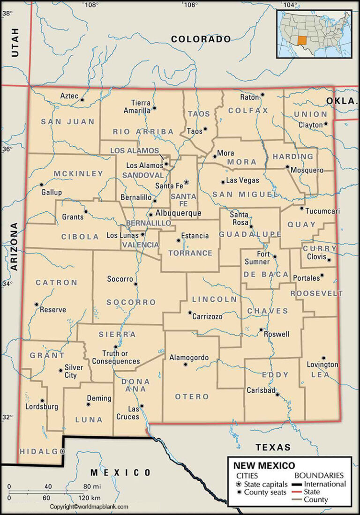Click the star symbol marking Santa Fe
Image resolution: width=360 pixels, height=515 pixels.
click(186, 182)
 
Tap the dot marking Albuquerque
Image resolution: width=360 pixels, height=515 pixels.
click(150, 215)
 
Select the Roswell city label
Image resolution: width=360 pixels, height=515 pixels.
click(277, 334)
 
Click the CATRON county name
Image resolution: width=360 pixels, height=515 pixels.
click(57, 283)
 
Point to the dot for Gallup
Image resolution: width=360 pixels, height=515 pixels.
click(41, 184)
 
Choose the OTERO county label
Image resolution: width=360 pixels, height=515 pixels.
click(192, 397)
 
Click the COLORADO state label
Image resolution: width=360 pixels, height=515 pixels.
click(201, 39)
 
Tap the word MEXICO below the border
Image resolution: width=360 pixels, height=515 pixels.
click(120, 472)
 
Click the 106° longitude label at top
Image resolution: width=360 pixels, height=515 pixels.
click(190, 5)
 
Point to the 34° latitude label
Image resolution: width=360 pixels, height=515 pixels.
click(7, 284)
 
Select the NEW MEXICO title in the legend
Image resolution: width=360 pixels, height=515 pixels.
click(264, 466)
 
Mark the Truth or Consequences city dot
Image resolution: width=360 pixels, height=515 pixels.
click(115, 347)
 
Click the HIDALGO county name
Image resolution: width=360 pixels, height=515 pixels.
click(42, 451)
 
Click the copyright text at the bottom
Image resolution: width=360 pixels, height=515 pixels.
click(89, 507)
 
